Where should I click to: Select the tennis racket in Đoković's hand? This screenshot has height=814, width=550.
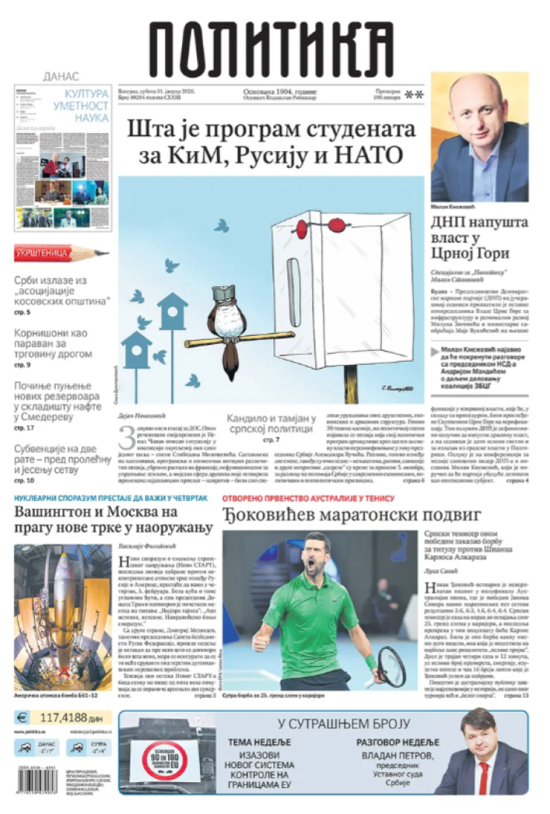coord(391,666)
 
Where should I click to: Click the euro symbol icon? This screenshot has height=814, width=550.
coord(22,718)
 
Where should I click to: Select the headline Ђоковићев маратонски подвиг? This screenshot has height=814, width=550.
coord(351,515)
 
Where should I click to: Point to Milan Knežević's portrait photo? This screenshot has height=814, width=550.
coord(479,137)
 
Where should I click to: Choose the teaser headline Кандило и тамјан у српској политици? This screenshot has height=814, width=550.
coord(271,424)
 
